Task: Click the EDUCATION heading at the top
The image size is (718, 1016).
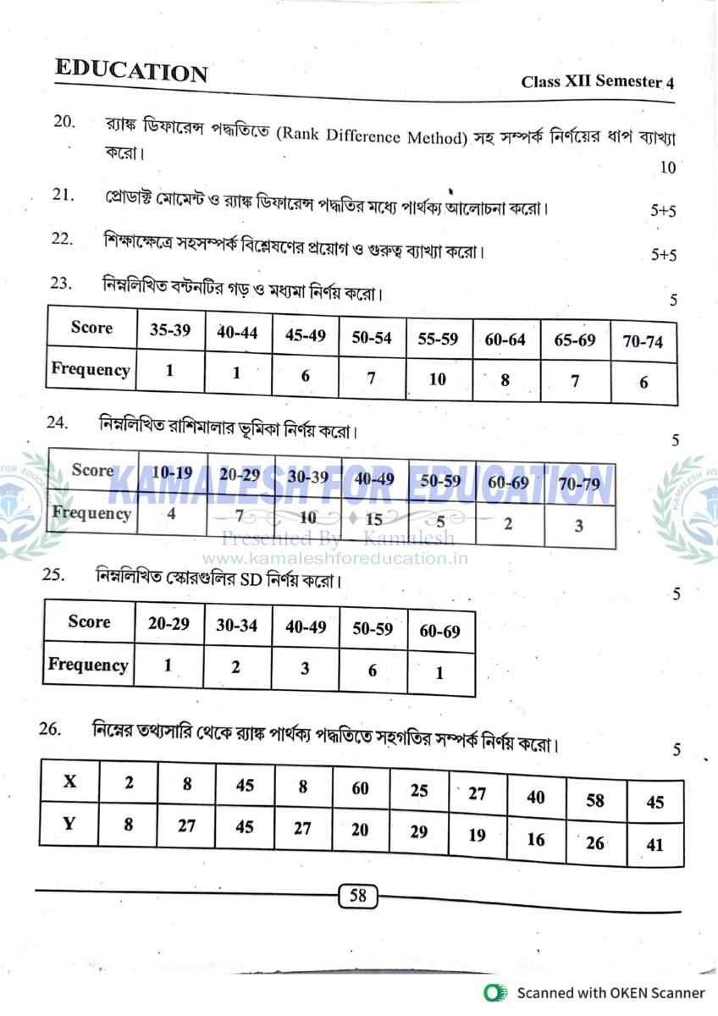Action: (131, 71)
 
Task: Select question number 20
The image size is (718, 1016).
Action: (64, 121)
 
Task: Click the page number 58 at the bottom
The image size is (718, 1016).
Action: (357, 895)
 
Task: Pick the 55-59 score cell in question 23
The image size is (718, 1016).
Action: (438, 339)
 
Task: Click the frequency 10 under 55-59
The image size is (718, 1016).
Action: (437, 378)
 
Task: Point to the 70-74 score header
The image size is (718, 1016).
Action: (643, 342)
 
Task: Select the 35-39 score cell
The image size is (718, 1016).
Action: (170, 330)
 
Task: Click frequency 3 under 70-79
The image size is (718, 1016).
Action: (578, 526)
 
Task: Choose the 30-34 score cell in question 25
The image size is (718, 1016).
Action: (236, 625)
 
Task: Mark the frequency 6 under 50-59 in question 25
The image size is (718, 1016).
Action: (373, 670)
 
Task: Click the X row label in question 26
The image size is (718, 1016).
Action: (69, 781)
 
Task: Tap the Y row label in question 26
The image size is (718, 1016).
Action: (69, 823)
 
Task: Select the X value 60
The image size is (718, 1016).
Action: (360, 788)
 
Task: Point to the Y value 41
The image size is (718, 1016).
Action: (654, 844)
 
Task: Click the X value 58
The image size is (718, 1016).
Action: (595, 799)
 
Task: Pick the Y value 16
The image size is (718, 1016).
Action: (535, 839)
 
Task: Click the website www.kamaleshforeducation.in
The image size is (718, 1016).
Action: (335, 558)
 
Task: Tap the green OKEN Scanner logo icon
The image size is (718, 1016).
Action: (494, 993)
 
